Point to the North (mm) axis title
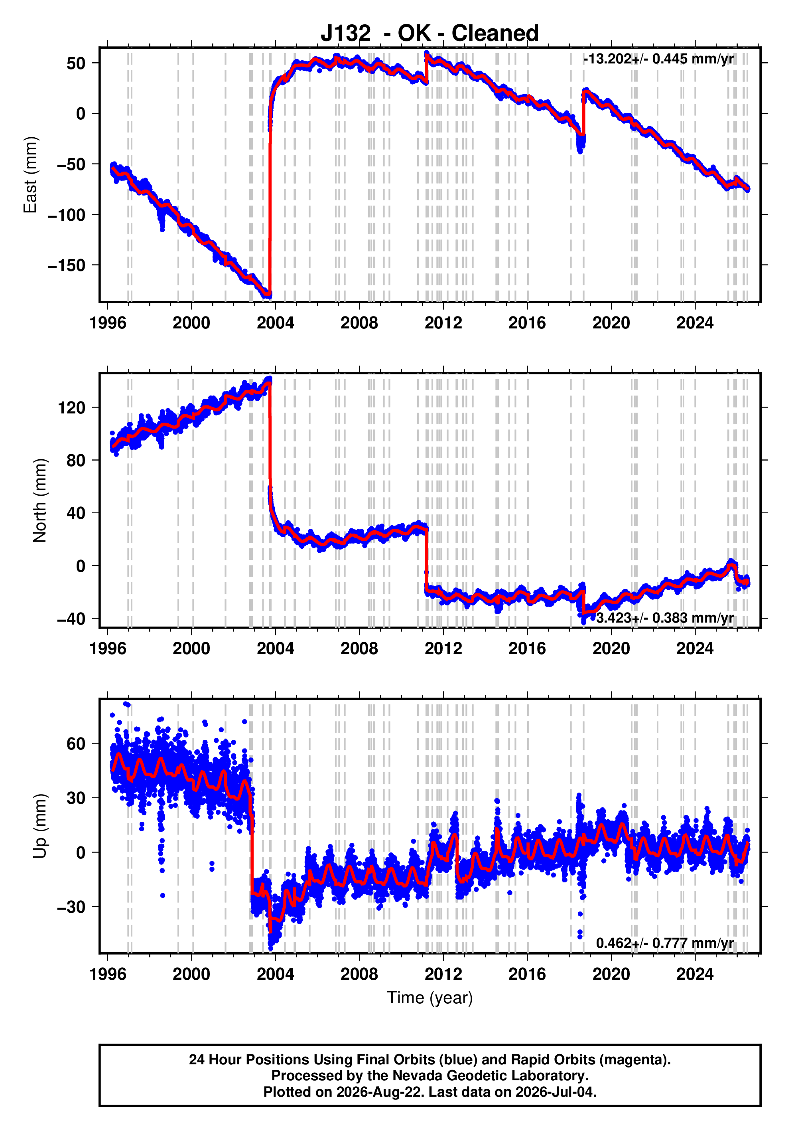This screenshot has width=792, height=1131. point(39,500)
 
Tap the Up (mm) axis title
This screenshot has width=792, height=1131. point(39,826)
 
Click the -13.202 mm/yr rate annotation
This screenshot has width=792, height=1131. point(658,59)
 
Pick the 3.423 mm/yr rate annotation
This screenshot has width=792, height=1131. point(664,618)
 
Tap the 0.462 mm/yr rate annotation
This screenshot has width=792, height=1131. point(664,943)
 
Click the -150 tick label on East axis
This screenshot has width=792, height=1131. point(67,265)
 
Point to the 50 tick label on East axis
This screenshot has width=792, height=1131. point(76,63)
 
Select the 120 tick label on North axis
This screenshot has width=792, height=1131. point(71,408)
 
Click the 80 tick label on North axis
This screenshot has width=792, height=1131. point(76,461)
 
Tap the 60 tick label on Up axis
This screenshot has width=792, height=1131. point(76,744)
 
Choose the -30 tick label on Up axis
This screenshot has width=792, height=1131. point(71,906)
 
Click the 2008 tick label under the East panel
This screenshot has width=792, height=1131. point(359,323)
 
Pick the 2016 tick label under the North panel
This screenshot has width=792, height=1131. point(527,649)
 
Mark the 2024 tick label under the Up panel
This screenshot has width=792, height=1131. point(695,974)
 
